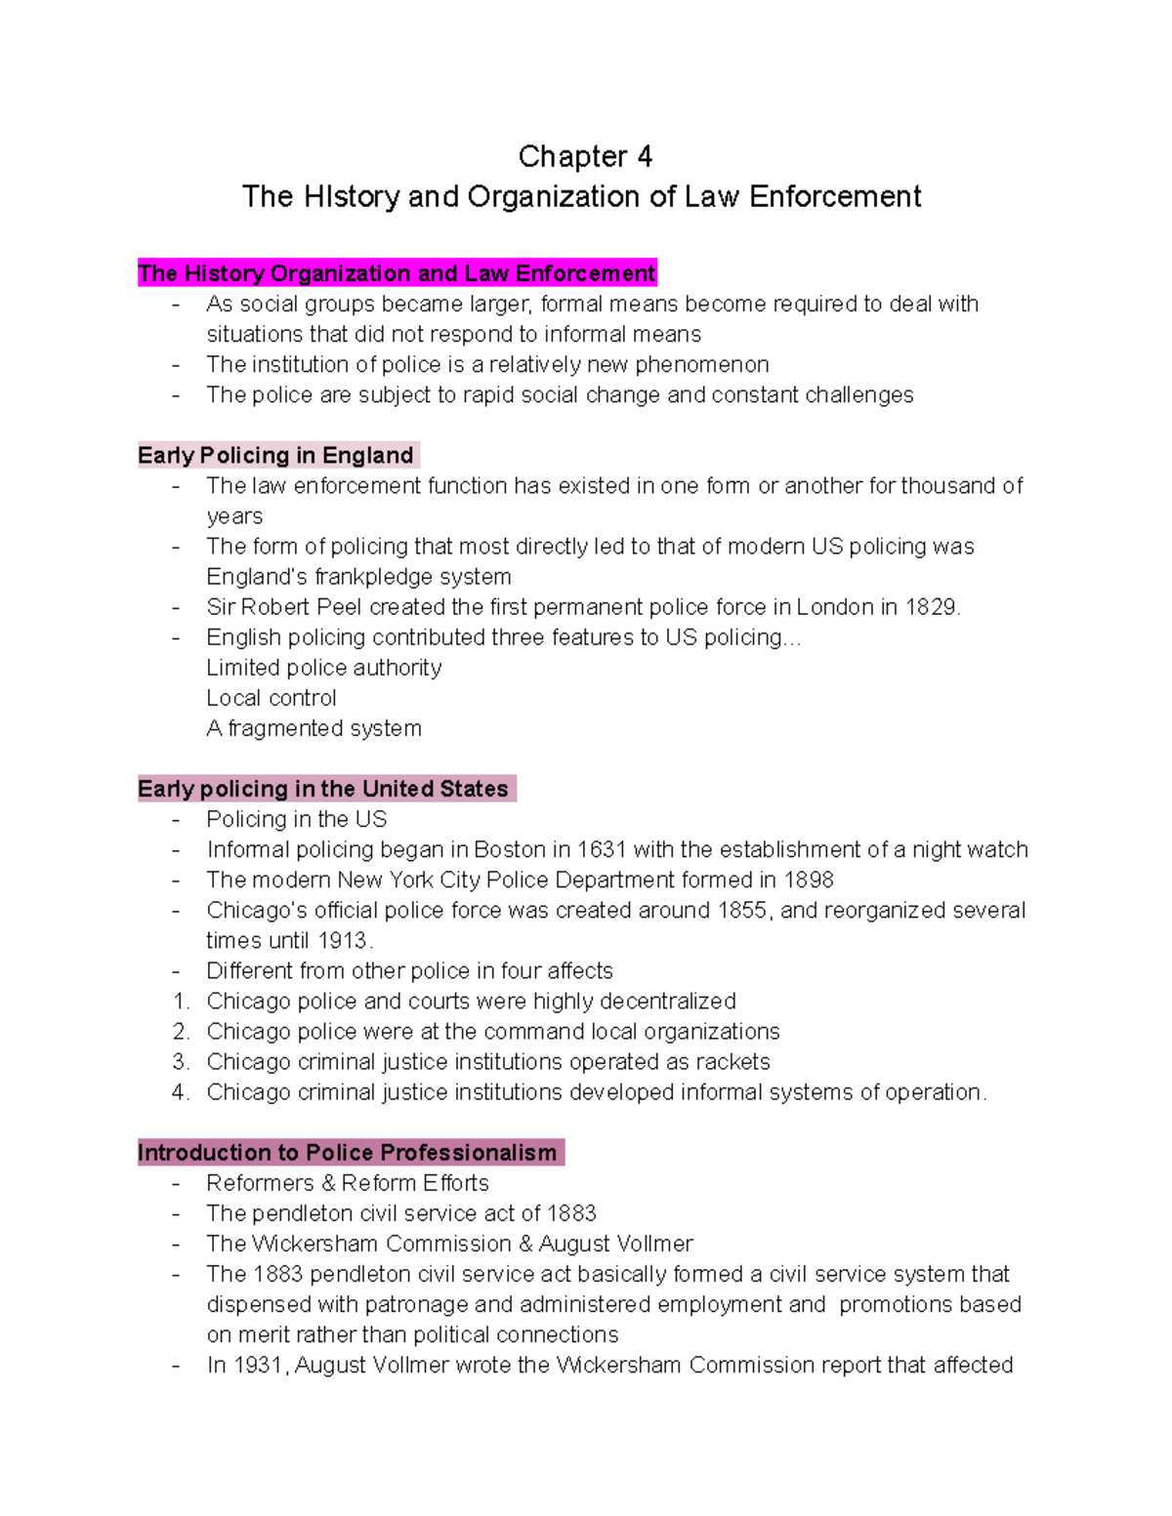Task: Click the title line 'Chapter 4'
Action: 584,156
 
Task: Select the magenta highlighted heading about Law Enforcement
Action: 397,273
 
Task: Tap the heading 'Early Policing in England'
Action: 276,456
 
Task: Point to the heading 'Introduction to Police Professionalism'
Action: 348,1153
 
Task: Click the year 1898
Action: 809,881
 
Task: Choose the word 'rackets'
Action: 732,1062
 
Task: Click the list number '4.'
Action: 181,1092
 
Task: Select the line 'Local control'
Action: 272,698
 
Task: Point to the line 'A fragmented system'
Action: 314,728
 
